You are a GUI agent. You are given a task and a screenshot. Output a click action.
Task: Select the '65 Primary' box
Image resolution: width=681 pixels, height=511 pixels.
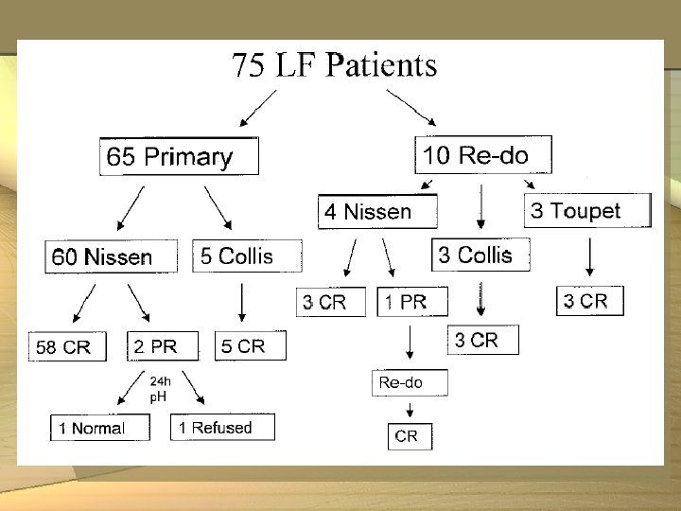coord(179,156)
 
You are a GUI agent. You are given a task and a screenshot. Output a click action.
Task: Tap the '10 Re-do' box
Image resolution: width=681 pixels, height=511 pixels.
coord(482,154)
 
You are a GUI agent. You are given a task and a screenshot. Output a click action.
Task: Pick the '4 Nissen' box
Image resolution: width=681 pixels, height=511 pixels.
coord(377,212)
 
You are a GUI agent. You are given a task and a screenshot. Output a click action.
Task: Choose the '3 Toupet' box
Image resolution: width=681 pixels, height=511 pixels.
coord(587,210)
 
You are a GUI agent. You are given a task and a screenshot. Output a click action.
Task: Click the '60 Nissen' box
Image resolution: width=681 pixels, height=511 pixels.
coord(112,256)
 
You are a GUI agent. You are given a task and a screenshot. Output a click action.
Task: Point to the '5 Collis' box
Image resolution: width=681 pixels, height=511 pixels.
coord(247,255)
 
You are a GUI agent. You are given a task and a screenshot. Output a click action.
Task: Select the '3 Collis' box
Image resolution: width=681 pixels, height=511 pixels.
coord(480,254)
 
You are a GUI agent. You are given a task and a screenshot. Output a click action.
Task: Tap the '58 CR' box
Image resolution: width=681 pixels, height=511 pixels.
coord(69,347)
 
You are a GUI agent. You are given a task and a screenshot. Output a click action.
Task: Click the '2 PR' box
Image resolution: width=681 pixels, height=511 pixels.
coord(163,346)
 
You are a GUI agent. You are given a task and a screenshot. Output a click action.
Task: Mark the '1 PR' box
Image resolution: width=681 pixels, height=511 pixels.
coord(412,302)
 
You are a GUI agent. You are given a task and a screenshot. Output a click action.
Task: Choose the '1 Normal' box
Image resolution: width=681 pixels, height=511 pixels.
coord(100,428)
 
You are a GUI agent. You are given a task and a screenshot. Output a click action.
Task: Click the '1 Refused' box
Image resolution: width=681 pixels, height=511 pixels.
coord(223,427)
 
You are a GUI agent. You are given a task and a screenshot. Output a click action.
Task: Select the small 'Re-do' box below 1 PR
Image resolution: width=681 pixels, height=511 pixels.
coord(409,382)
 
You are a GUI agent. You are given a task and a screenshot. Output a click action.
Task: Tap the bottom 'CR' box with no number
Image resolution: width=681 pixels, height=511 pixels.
coord(409,436)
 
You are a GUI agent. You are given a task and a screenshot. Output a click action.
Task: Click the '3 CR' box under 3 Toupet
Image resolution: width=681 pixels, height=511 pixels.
coord(590,301)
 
